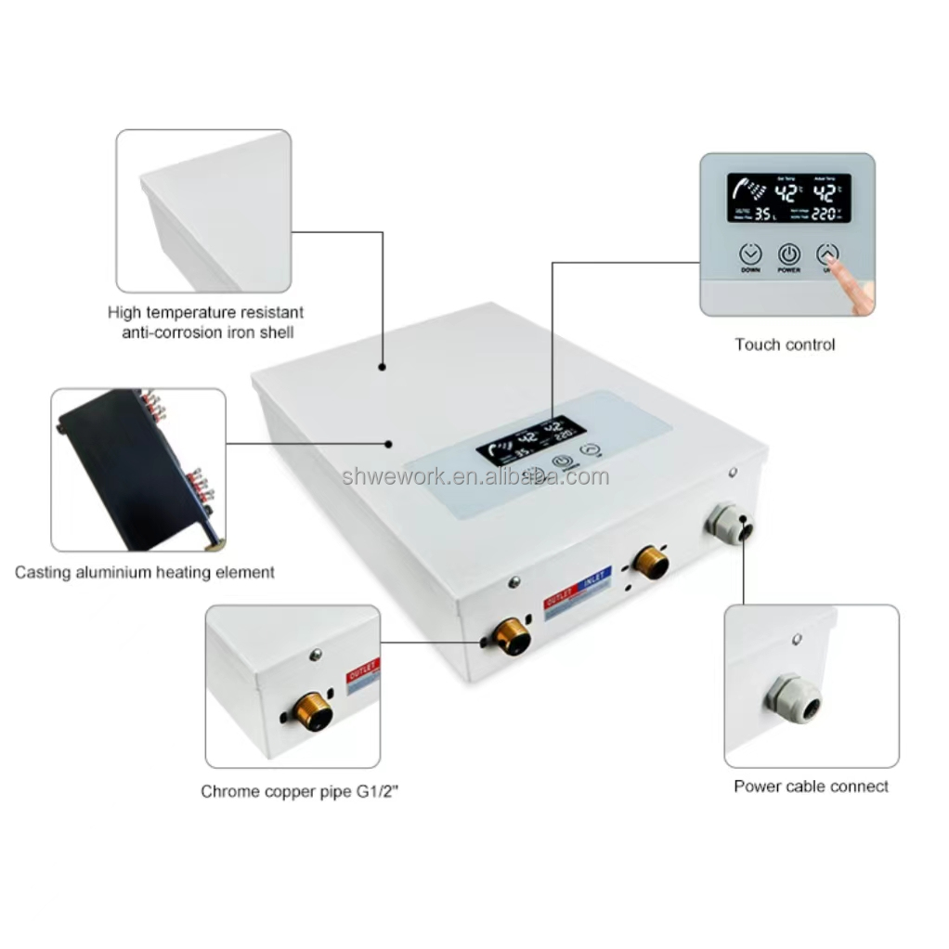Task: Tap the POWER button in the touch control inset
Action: click(788, 254)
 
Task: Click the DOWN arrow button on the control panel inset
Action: click(750, 254)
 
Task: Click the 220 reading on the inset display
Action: click(825, 214)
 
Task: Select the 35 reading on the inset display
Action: click(764, 214)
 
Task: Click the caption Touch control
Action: click(785, 344)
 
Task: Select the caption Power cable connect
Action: click(811, 786)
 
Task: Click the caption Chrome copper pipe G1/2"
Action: click(305, 792)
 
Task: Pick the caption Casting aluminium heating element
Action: click(145, 573)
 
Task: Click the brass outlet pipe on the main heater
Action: click(510, 636)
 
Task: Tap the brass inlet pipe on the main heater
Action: click(651, 562)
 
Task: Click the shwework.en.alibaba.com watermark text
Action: click(475, 477)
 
